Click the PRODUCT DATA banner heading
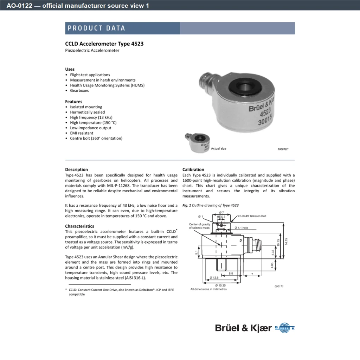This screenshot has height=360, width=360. point(96,28)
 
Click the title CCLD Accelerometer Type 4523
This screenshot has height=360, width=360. point(104,44)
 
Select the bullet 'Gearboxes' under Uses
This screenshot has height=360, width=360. point(79,90)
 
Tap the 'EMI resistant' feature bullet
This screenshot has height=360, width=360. point(82,133)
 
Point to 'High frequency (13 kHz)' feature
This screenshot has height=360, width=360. point(91,117)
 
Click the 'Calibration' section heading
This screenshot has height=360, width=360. point(193,169)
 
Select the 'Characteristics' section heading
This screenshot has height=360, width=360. point(79,226)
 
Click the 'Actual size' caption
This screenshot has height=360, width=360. point(219,149)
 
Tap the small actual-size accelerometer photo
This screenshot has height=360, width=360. point(198,143)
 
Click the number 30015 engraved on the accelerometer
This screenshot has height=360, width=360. point(265,120)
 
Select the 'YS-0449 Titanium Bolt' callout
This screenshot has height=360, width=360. point(252,216)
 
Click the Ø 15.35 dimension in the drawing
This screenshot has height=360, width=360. point(220,285)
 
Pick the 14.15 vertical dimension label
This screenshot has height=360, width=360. point(286,241)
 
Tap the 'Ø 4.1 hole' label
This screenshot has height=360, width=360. point(241,228)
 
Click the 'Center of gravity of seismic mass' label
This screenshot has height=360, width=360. point(199,226)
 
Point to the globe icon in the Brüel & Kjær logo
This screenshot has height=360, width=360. point(284,328)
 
